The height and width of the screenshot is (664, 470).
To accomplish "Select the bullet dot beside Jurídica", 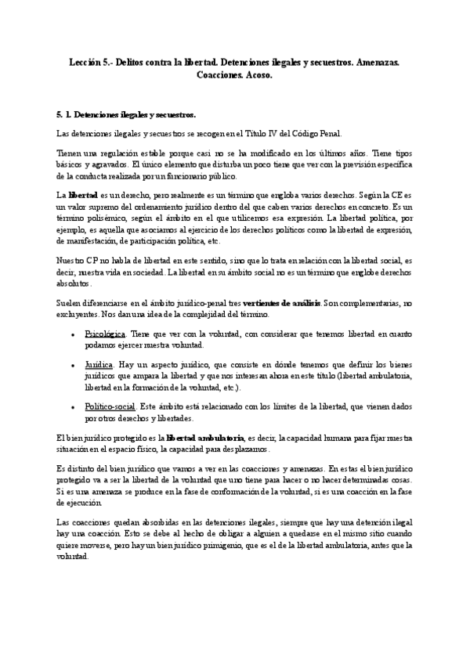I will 72,365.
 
